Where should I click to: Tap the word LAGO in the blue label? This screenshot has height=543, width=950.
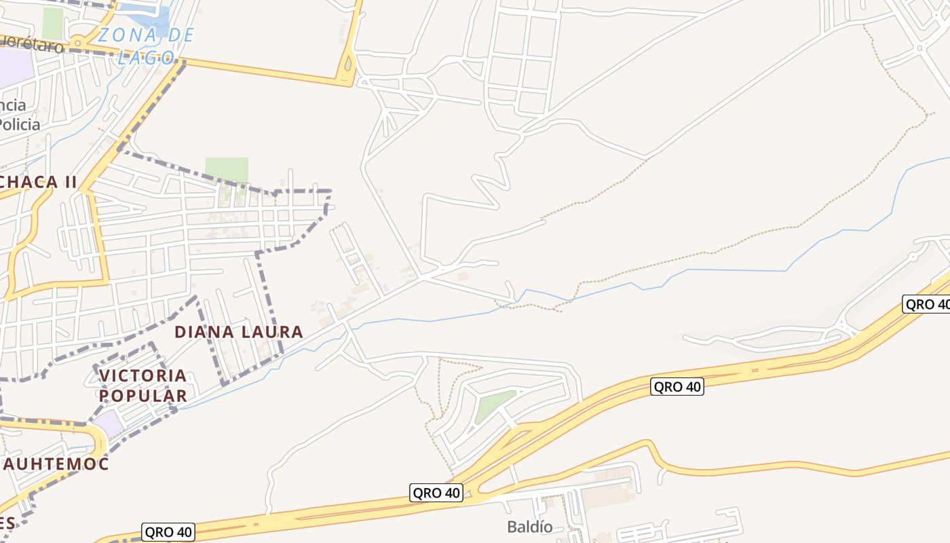point(146,57)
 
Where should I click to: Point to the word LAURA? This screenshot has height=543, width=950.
point(271,332)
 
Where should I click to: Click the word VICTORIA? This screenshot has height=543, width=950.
point(142,375)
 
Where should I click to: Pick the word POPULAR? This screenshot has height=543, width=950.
point(142,396)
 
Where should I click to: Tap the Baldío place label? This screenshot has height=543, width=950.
point(529,527)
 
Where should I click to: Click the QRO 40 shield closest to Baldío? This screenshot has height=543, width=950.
point(436,493)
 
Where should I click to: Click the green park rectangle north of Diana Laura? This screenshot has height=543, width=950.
point(227,170)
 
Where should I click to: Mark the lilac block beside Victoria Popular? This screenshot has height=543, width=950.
point(109,424)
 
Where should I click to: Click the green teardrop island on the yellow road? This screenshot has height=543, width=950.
point(348,64)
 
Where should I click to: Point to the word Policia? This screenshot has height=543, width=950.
point(20,125)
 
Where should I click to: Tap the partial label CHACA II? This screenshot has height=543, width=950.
point(39,182)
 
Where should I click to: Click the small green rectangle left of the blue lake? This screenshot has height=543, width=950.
point(52,23)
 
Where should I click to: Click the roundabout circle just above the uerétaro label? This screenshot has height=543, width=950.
point(78,40)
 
